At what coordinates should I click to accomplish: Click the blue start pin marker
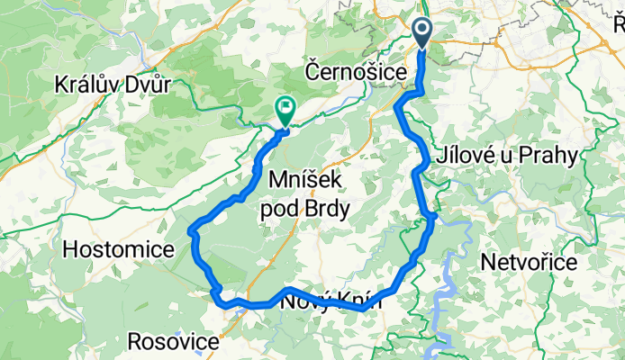pyautogui.click(x=424, y=31)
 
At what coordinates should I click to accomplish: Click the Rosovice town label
pyautogui.click(x=174, y=342)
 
